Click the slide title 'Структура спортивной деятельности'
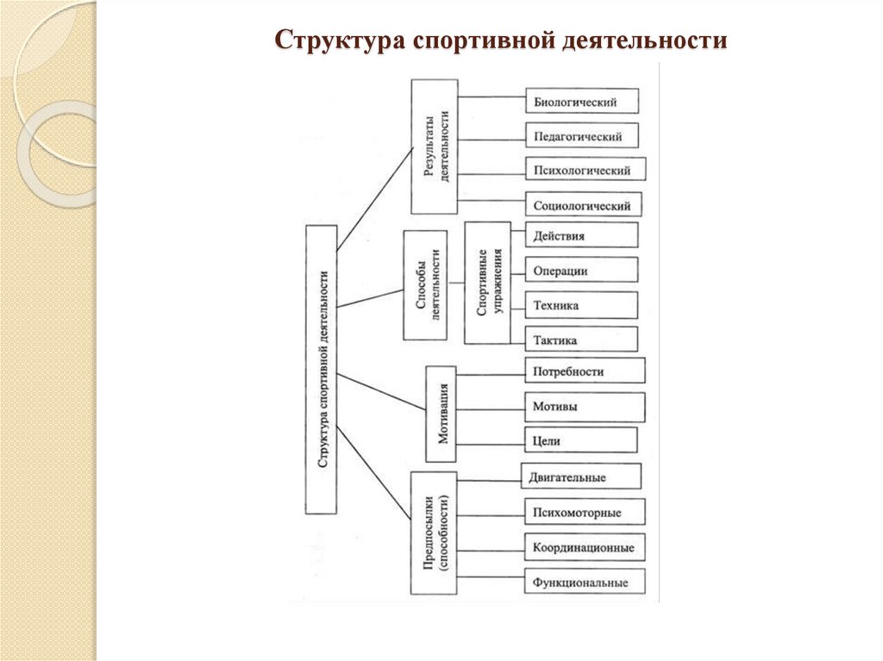(501, 41)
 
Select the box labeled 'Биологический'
(582, 102)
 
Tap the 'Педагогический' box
(582, 136)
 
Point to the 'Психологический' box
(585, 171)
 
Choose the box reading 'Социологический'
(584, 205)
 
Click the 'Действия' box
(581, 235)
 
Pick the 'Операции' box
(581, 271)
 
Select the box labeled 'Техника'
(581, 305)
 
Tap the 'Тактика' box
(581, 339)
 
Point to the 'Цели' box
(581, 440)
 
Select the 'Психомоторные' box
(584, 512)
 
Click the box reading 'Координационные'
(584, 546)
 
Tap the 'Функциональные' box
(584, 582)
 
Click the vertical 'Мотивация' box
(442, 414)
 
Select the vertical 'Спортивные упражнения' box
(487, 283)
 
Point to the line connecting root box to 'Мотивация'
(382, 394)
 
